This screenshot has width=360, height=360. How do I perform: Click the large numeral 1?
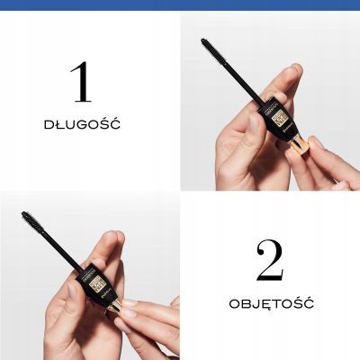pyautogui.click(x=82, y=82)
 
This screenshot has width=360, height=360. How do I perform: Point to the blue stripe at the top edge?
pyautogui.click(x=180, y=4)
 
